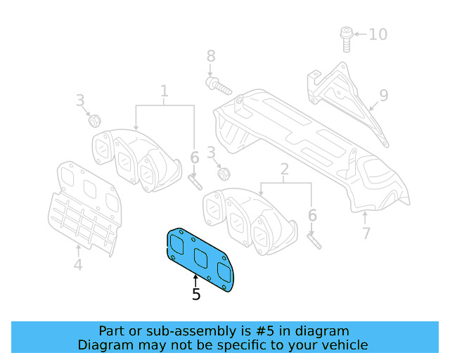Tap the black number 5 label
(196, 295)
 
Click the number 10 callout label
(378, 34)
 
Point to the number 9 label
(384, 95)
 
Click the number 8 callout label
(210, 56)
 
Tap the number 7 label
(366, 233)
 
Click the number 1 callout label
(165, 91)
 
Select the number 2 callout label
(285, 169)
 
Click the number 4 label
(78, 265)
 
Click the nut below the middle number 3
(223, 173)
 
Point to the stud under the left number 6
(195, 181)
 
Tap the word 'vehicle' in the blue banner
(342, 345)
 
